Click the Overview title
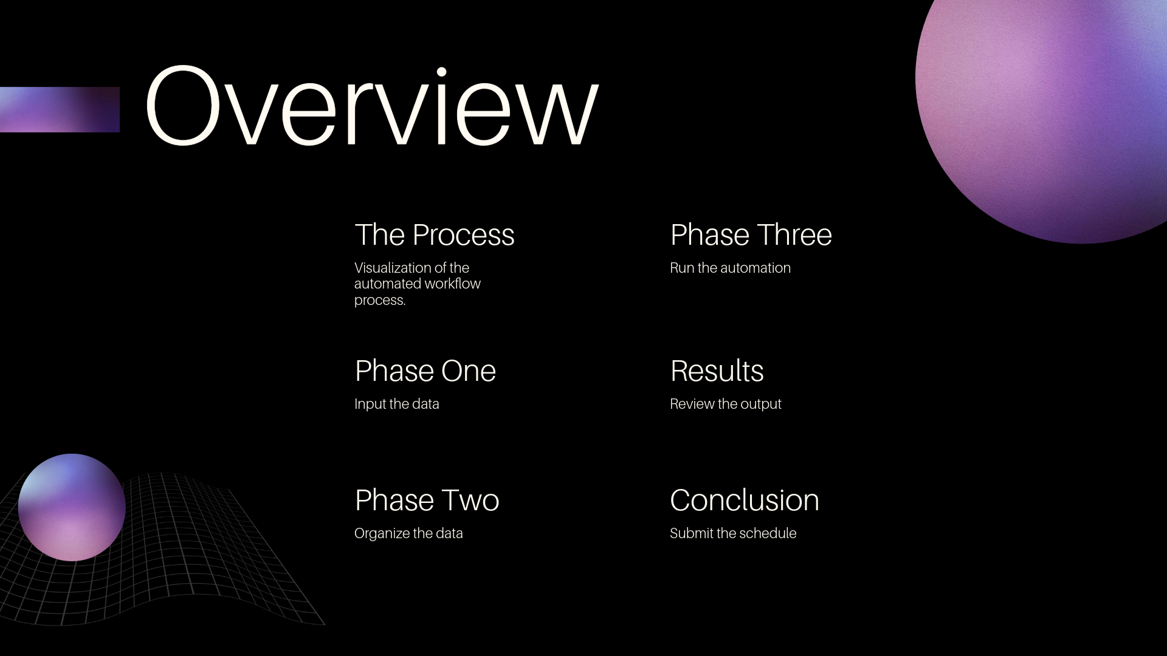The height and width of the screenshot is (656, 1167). click(x=372, y=106)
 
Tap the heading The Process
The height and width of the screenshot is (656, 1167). click(x=435, y=235)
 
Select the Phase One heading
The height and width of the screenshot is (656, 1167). click(x=425, y=371)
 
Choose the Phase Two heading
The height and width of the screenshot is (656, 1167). click(x=427, y=501)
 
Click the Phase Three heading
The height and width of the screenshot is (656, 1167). click(x=751, y=235)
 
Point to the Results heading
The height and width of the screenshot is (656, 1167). click(x=717, y=371)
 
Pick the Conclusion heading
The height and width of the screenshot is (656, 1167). click(x=745, y=501)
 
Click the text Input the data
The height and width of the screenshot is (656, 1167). click(x=396, y=404)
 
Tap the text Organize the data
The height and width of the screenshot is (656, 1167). click(x=408, y=533)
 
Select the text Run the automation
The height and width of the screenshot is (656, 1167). click(x=730, y=268)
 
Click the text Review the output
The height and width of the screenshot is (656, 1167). click(x=725, y=404)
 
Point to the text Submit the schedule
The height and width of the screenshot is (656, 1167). click(x=733, y=533)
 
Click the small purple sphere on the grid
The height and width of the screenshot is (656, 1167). click(x=72, y=507)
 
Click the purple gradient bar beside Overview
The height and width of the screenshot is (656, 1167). click(x=60, y=109)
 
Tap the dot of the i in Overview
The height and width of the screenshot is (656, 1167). click(x=442, y=72)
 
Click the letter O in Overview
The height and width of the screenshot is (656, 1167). click(x=183, y=106)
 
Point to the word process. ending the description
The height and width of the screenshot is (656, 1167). click(x=380, y=301)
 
